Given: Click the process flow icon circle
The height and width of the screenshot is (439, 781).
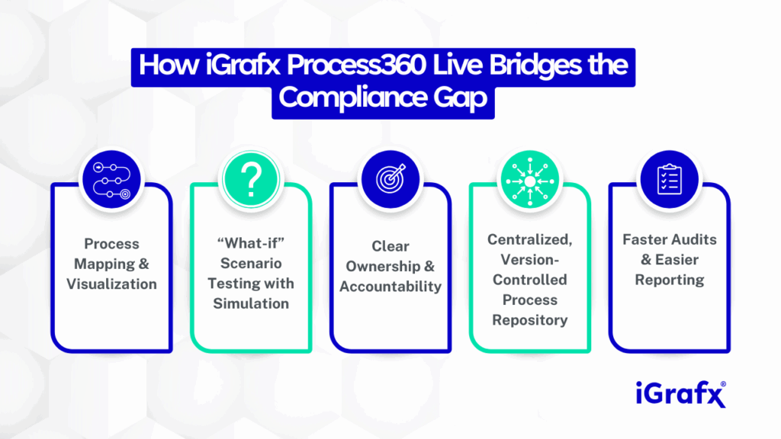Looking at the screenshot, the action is click(111, 180).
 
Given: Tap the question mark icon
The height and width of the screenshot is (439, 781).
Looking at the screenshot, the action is click(251, 180).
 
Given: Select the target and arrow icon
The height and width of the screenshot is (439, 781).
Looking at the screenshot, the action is click(390, 180).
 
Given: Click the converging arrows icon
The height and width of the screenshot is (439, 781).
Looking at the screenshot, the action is click(530, 180).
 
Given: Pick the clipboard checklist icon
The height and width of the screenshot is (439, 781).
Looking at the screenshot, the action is click(670, 180).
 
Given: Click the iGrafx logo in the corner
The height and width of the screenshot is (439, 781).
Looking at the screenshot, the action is click(681, 394).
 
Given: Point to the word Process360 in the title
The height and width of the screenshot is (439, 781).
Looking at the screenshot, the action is click(356, 66).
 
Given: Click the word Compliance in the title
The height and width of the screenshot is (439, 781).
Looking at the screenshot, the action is click(352, 98).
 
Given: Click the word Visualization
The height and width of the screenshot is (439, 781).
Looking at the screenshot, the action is click(111, 284).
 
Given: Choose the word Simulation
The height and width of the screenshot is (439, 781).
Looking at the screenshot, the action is click(251, 303).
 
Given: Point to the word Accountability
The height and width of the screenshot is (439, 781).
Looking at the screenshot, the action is click(390, 287).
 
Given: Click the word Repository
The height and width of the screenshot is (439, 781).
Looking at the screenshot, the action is click(530, 321).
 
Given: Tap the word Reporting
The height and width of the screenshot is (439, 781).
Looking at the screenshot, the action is click(670, 280).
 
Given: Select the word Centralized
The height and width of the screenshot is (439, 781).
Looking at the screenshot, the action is click(530, 240).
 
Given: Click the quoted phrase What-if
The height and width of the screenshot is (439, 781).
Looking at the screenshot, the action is click(251, 243).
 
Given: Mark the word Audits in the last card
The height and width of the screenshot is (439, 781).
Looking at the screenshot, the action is click(693, 240).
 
